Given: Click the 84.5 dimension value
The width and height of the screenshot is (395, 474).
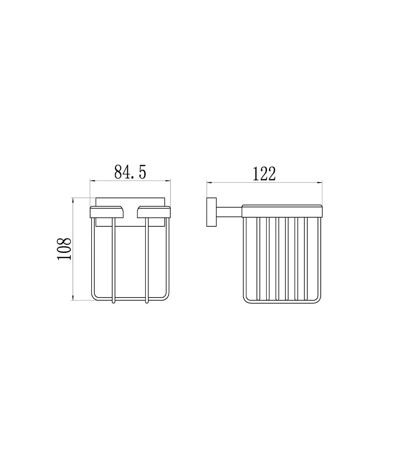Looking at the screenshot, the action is [x=130, y=172].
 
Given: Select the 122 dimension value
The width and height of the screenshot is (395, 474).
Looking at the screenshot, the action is [x=264, y=174].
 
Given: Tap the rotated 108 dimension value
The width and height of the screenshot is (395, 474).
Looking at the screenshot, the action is [x=64, y=249].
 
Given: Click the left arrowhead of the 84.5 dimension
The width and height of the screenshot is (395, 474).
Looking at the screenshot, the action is [x=92, y=181].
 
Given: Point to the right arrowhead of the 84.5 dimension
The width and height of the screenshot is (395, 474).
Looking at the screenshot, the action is [x=168, y=181].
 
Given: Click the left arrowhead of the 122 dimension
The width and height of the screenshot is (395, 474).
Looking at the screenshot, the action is [x=209, y=182].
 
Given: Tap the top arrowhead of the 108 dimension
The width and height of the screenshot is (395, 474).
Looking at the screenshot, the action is [x=73, y=200].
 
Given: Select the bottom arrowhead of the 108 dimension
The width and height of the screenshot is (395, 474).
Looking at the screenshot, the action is [x=73, y=298].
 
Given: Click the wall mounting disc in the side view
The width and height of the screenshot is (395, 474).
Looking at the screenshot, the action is [x=211, y=212].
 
